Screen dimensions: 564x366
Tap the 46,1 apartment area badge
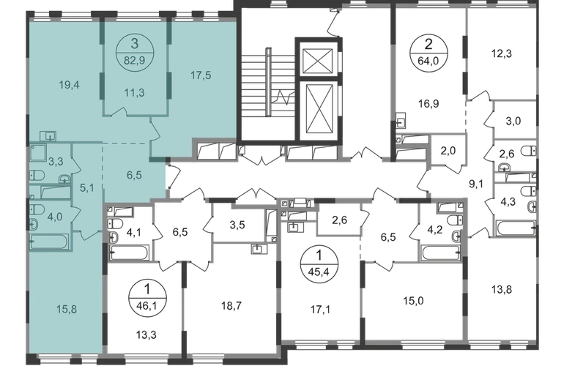tap(146, 298)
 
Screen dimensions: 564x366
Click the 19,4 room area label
tap(70, 85)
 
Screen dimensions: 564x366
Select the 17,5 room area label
tap(201, 75)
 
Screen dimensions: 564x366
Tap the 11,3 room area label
tap(134, 93)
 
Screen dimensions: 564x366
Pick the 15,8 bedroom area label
tap(67, 309)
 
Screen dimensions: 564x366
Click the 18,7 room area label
tap(231, 306)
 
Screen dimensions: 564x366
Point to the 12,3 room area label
tap(502, 54)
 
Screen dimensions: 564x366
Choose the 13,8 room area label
tap(502, 289)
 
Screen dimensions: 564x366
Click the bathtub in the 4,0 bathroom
tap(49, 242)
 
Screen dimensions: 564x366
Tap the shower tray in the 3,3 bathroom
tap(40, 154)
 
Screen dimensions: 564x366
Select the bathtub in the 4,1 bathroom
tap(129, 253)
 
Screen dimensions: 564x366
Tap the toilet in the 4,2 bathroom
tap(456, 220)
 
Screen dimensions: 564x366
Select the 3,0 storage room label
tap(513, 121)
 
